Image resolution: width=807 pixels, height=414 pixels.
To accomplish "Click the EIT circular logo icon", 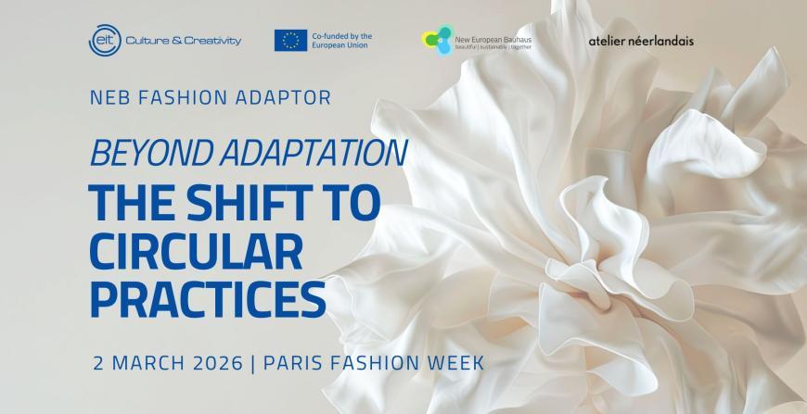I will tap(102, 41).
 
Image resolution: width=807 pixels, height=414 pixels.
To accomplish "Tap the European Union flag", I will tap(290, 41).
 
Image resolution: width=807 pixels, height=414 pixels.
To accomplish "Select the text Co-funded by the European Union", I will tap(342, 41).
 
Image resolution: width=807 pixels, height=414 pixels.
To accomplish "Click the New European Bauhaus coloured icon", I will tap(437, 40).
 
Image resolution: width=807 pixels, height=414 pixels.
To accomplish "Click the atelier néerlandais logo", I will tap(641, 41).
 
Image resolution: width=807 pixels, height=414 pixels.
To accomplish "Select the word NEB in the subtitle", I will tap(111, 96).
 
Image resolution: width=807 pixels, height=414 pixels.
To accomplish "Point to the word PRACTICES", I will tap(208, 300).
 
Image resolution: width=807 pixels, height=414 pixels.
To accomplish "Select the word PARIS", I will tap(296, 361).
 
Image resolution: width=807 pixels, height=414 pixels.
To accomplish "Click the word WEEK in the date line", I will tap(452, 361).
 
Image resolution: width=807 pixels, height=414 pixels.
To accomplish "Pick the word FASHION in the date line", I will tap(373, 361).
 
